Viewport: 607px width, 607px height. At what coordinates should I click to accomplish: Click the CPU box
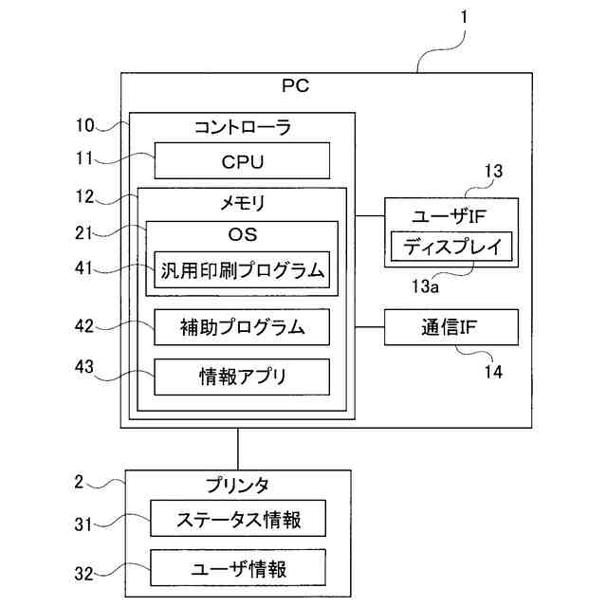click(242, 160)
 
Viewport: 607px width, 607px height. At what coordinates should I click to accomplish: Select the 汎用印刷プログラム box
click(242, 270)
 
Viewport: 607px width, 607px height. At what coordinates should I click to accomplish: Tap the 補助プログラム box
click(242, 327)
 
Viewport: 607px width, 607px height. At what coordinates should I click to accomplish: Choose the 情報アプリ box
click(242, 377)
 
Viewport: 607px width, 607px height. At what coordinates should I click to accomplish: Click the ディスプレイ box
click(451, 248)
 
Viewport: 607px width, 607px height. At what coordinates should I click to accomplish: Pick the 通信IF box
click(451, 327)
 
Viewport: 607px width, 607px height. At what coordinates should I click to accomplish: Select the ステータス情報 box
click(239, 520)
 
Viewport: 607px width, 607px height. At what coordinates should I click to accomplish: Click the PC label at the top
click(296, 85)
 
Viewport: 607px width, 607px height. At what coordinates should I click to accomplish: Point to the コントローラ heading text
click(242, 126)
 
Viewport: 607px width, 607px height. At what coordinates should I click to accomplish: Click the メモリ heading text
click(242, 202)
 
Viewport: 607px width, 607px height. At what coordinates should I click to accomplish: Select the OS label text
click(242, 233)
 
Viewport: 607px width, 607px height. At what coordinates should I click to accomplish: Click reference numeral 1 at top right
click(464, 16)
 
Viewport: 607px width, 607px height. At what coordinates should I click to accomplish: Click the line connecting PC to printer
click(238, 449)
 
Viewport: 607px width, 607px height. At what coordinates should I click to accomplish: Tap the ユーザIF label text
click(451, 214)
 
